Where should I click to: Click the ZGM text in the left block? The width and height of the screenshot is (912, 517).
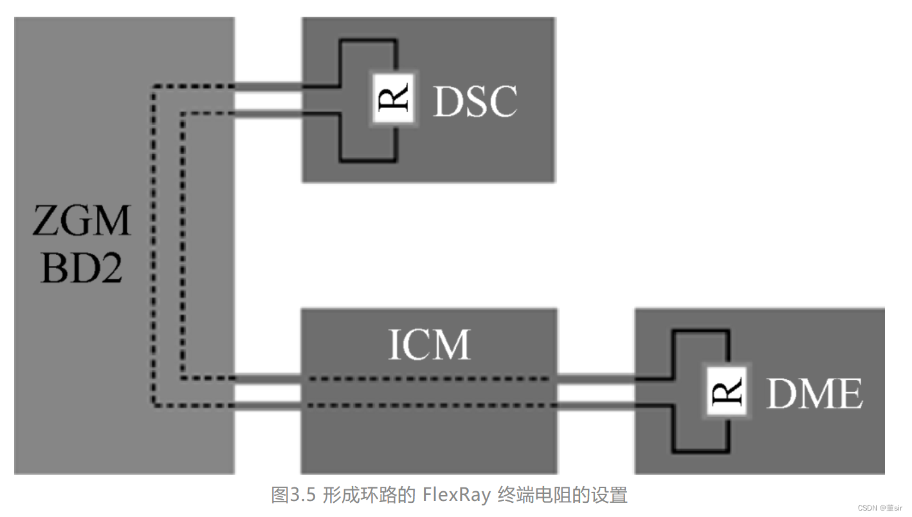point(82,221)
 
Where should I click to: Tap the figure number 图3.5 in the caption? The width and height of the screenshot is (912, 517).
point(294,495)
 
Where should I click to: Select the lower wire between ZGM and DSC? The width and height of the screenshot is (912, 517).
point(268,114)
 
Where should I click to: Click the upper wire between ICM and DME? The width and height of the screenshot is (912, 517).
point(596,379)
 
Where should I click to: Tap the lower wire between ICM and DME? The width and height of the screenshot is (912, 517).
point(596,406)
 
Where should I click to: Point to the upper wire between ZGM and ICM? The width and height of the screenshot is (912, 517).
point(268,379)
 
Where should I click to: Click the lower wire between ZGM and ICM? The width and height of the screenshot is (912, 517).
point(268,406)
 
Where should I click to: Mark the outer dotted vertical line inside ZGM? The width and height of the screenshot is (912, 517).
point(153,245)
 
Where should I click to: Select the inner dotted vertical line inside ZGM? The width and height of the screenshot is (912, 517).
point(183,245)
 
